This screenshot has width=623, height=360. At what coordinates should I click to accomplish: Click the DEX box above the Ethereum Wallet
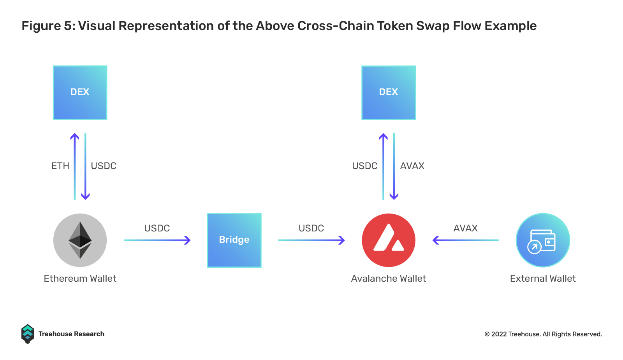pyautogui.click(x=80, y=93)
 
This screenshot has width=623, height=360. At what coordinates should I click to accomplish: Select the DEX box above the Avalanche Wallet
pyautogui.click(x=389, y=93)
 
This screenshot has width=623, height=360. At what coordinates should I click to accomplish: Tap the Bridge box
pyautogui.click(x=234, y=240)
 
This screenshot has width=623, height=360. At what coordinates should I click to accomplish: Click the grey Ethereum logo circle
pyautogui.click(x=80, y=240)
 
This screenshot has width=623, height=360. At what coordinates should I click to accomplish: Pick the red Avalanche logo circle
pyautogui.click(x=389, y=240)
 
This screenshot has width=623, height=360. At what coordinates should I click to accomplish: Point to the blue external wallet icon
pyautogui.click(x=543, y=240)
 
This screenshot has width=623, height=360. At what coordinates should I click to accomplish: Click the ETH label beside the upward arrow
pyautogui.click(x=60, y=166)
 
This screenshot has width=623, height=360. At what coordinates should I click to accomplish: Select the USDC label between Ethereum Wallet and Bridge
pyautogui.click(x=157, y=228)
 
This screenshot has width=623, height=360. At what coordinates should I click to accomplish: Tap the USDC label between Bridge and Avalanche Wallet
pyautogui.click(x=311, y=228)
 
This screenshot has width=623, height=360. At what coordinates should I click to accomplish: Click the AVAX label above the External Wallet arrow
pyautogui.click(x=466, y=228)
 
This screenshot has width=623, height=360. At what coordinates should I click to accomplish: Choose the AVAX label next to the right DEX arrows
pyautogui.click(x=412, y=166)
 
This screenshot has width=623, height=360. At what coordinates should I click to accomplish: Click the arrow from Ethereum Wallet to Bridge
pyautogui.click(x=157, y=240)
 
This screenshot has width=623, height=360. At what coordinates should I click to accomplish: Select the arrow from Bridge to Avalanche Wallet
pyautogui.click(x=311, y=240)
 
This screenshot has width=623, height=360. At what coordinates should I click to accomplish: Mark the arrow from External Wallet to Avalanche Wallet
pyautogui.click(x=466, y=240)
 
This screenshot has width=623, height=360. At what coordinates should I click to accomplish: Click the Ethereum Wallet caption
pyautogui.click(x=80, y=279)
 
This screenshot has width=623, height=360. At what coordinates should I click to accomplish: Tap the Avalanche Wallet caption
pyautogui.click(x=389, y=279)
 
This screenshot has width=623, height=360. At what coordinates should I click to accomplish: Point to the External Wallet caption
pyautogui.click(x=543, y=279)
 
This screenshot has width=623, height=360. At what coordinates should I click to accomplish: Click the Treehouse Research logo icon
pyautogui.click(x=28, y=334)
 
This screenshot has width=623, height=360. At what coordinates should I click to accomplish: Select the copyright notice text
pyautogui.click(x=543, y=334)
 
